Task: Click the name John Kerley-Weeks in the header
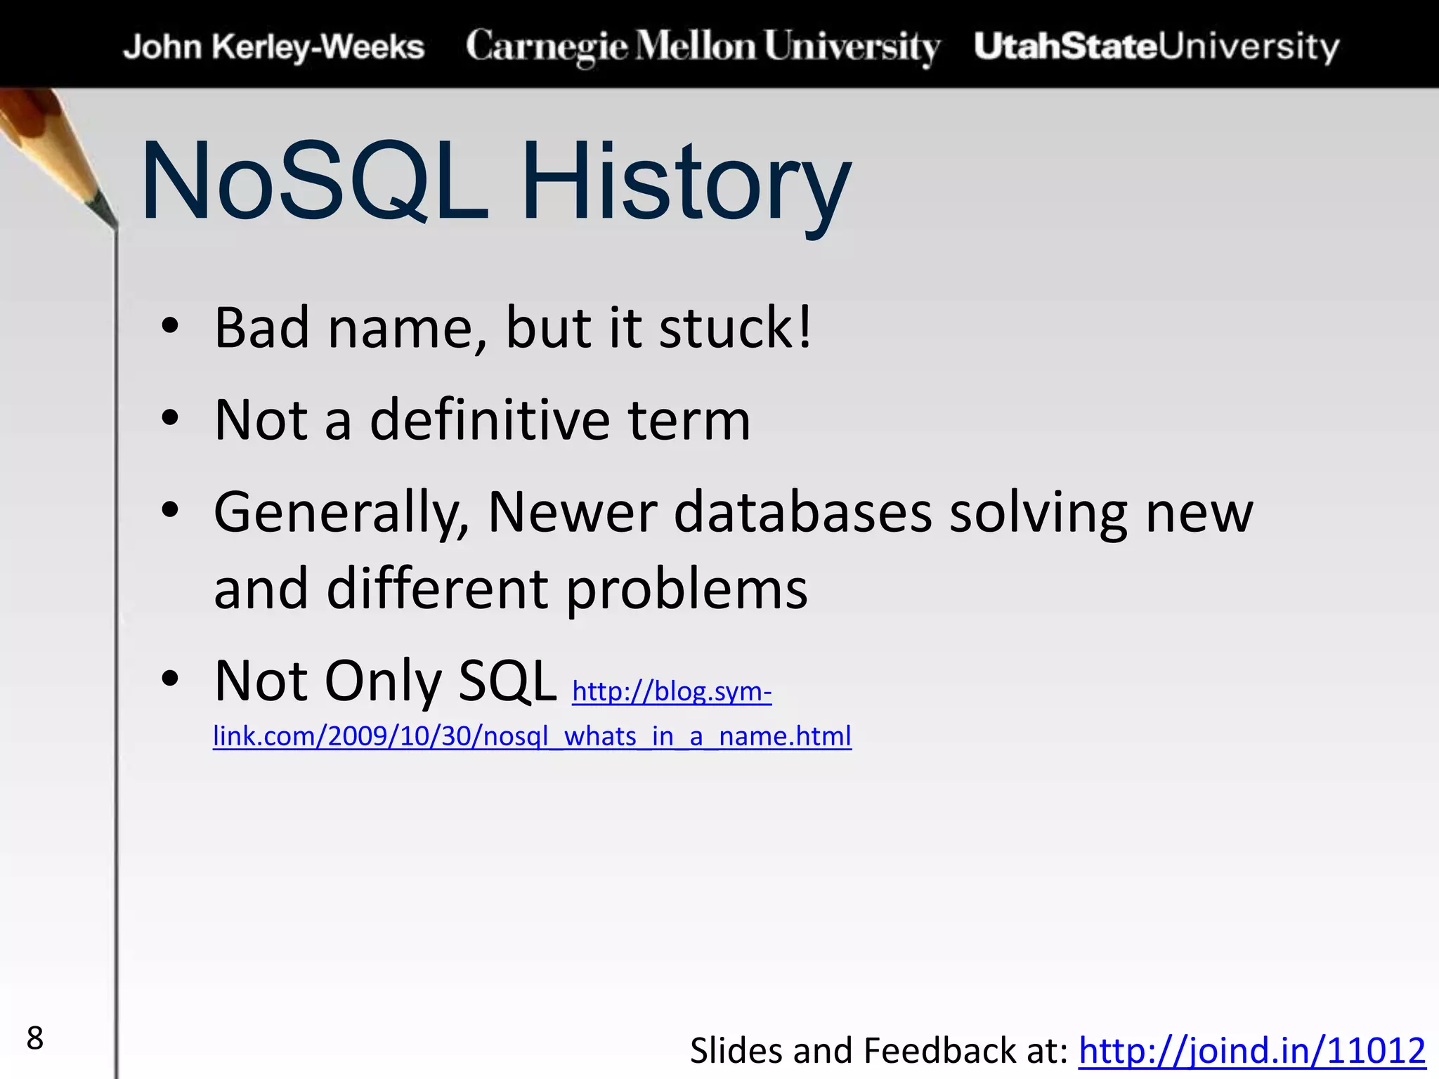click(273, 47)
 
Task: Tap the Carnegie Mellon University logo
click(703, 46)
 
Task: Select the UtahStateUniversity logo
click(1157, 46)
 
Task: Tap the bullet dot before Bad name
click(169, 326)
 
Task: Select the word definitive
click(489, 420)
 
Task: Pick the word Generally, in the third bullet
click(341, 513)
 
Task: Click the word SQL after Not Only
click(507, 681)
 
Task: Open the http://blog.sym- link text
click(672, 691)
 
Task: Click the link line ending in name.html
click(532, 736)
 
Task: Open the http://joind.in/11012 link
click(1251, 1051)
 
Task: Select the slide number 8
click(34, 1038)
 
